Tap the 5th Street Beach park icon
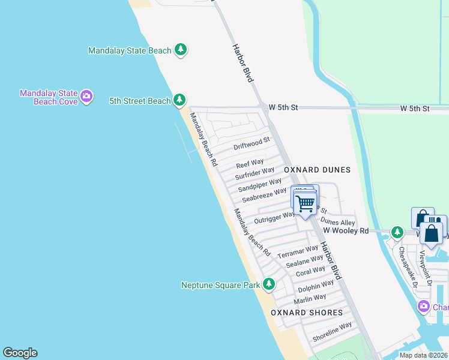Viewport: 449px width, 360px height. coord(179,100)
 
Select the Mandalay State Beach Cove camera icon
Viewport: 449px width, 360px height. coord(86,96)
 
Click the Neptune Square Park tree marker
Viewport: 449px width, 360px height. coord(270,284)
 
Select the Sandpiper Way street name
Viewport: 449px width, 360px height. coord(259,184)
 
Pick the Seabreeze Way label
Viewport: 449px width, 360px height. coord(264,194)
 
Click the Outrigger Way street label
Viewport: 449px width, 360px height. coord(275,217)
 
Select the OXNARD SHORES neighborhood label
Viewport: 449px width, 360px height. coord(307,313)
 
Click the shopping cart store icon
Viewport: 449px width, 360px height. coord(306,204)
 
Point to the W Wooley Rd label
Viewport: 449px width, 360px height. coord(346,230)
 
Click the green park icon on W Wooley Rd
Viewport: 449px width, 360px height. coord(397,232)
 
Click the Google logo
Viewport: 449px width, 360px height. coord(20,353)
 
